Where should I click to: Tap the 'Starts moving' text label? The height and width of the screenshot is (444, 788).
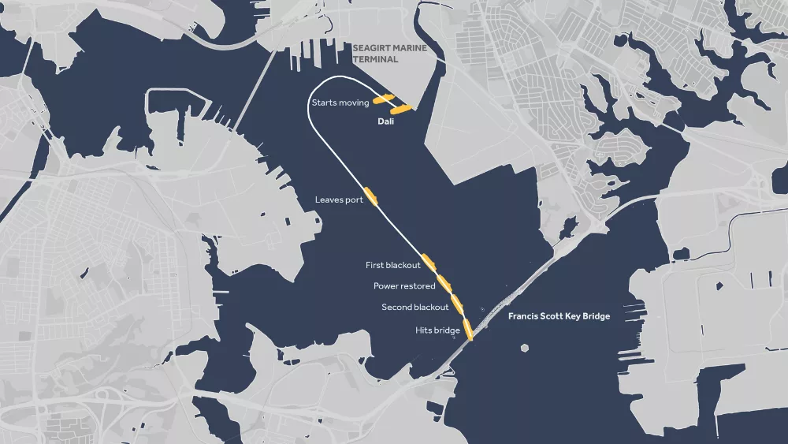point(340,103)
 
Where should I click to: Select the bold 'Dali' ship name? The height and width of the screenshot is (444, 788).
point(385,122)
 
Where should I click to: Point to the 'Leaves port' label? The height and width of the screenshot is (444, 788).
point(339,200)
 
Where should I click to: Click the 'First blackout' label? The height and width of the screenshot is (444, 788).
point(393,265)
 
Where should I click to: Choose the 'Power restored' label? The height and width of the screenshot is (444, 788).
point(404,286)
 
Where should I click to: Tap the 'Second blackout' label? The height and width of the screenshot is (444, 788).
point(415,308)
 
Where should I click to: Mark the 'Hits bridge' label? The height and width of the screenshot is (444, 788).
point(437,330)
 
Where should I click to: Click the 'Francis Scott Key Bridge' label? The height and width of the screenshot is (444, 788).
point(559,316)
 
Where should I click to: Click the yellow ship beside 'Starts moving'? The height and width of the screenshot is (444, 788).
point(384,99)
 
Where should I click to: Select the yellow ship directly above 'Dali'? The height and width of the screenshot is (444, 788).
point(401,110)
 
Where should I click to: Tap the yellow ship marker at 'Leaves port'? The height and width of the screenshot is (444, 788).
point(372,197)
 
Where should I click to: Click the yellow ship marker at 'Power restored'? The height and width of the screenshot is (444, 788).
point(444,281)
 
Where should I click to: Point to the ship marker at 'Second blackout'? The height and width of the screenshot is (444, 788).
point(457,302)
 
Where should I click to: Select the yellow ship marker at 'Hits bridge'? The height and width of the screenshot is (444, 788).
point(468,329)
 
